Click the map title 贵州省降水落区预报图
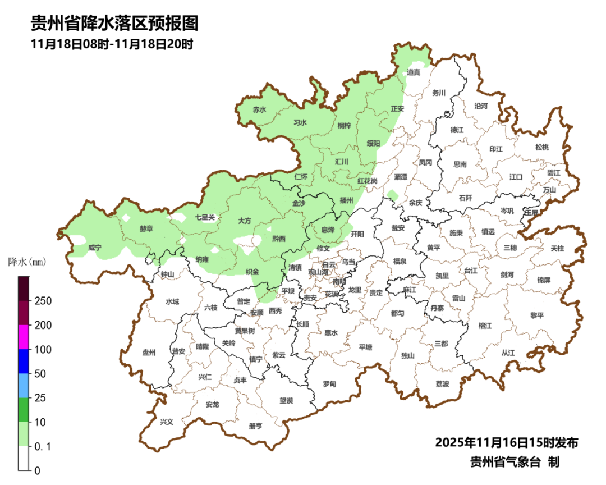pos(114,24)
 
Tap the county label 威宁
pos(95,248)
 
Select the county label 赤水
pos(259,110)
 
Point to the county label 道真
pos(413,72)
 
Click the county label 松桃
pos(541,147)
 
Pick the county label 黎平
pos(537,315)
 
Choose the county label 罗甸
pos(329,384)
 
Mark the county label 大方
pos(244,221)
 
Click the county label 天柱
pos(557,248)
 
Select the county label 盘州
pos(149,353)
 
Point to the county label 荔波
pos(442,384)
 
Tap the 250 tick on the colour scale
pos(43,301)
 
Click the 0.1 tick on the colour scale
pos(43,446)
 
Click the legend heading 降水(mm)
pos(26,262)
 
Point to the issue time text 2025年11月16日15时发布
pos(506,442)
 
